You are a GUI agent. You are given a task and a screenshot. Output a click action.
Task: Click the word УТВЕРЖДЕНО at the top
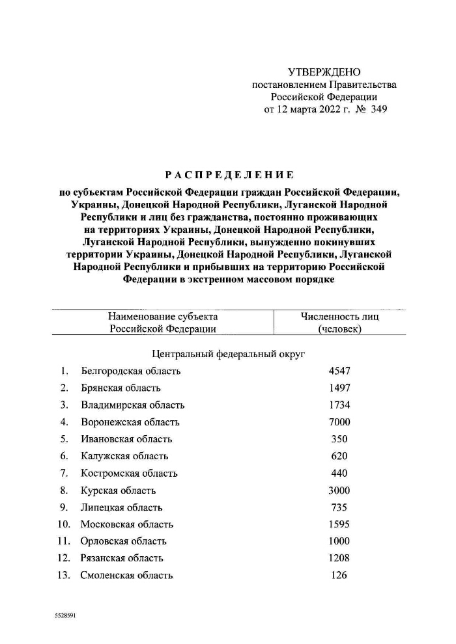324,72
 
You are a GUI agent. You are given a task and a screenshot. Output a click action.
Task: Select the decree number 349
378,109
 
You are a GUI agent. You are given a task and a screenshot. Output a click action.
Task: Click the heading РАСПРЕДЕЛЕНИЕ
229,175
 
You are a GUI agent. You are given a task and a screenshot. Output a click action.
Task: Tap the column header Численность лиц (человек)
339,323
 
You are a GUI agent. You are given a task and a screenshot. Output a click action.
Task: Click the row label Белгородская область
130,371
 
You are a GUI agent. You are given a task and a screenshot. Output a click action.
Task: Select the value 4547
339,371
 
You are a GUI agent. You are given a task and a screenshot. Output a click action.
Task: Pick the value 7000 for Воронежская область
339,422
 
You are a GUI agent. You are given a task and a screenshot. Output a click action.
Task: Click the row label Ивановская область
126,439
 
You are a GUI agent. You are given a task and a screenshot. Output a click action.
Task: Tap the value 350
339,439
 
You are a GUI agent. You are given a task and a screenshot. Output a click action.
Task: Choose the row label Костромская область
129,473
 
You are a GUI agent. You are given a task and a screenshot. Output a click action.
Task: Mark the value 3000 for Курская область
339,490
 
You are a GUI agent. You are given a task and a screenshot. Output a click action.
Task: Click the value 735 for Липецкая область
339,507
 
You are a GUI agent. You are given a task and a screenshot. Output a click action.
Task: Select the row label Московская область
127,524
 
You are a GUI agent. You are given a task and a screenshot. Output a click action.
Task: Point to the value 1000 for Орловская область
339,541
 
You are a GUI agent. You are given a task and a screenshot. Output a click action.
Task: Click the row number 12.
63,558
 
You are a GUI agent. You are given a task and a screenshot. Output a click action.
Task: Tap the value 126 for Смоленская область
339,575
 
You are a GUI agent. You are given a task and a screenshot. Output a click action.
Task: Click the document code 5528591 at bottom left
66,614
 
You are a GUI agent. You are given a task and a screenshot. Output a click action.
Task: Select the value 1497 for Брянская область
339,388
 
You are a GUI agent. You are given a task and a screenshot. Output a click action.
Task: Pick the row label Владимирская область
133,405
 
